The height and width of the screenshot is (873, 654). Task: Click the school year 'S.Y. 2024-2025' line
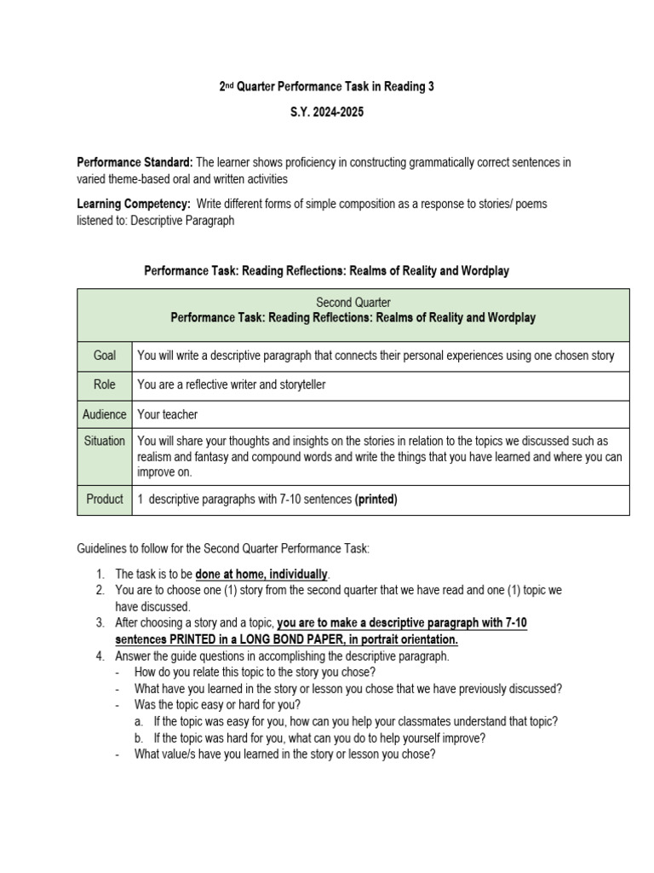click(x=327, y=113)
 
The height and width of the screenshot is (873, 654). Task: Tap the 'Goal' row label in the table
click(x=105, y=356)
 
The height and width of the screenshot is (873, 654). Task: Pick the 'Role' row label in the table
click(x=105, y=384)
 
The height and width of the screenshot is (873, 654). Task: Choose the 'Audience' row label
click(x=105, y=414)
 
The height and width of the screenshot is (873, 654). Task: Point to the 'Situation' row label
click(x=105, y=442)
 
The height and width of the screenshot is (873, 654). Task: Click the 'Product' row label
click(x=105, y=499)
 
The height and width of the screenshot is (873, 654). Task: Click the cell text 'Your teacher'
click(x=167, y=414)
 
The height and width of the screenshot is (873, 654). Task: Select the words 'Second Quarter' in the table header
click(x=353, y=302)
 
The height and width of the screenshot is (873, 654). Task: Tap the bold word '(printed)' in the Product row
click(x=376, y=500)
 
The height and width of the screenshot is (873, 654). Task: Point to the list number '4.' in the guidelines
click(x=100, y=656)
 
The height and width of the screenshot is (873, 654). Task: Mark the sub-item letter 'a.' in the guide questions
click(x=139, y=721)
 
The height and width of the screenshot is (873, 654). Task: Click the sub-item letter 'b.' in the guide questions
click(x=139, y=737)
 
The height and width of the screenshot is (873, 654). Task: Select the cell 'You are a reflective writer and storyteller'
click(x=232, y=384)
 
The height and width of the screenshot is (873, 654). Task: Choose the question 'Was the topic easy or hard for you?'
click(x=217, y=705)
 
